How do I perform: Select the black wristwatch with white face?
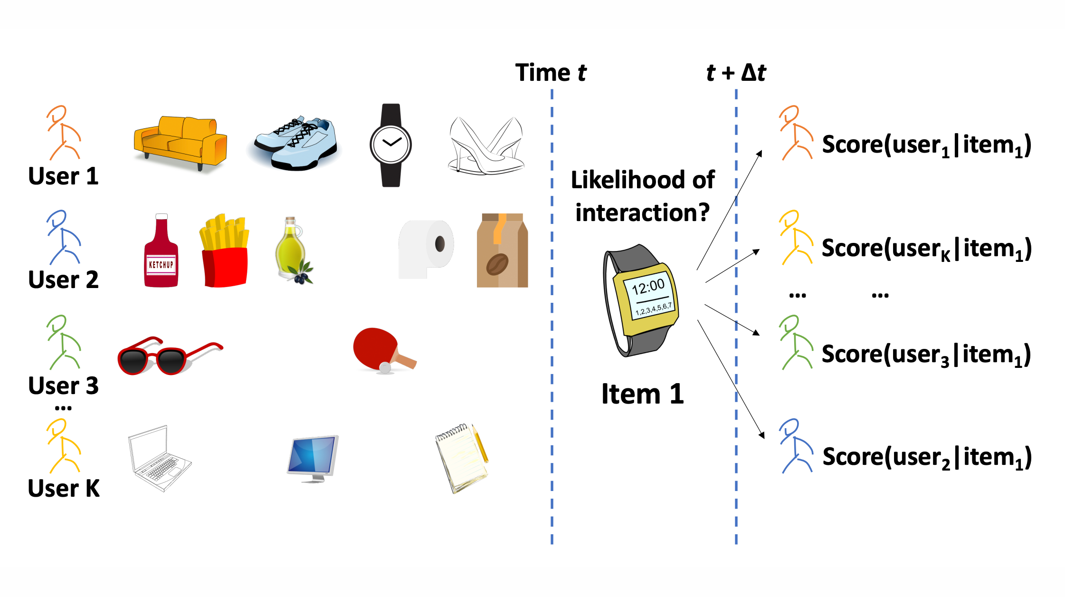391,145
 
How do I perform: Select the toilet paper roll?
426,249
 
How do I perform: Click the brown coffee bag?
502,250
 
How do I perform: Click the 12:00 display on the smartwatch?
648,287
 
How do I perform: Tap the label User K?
64,489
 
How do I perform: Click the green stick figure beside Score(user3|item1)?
796,342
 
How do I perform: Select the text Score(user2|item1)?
926,457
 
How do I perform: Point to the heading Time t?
551,73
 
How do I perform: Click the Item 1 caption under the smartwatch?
642,394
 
